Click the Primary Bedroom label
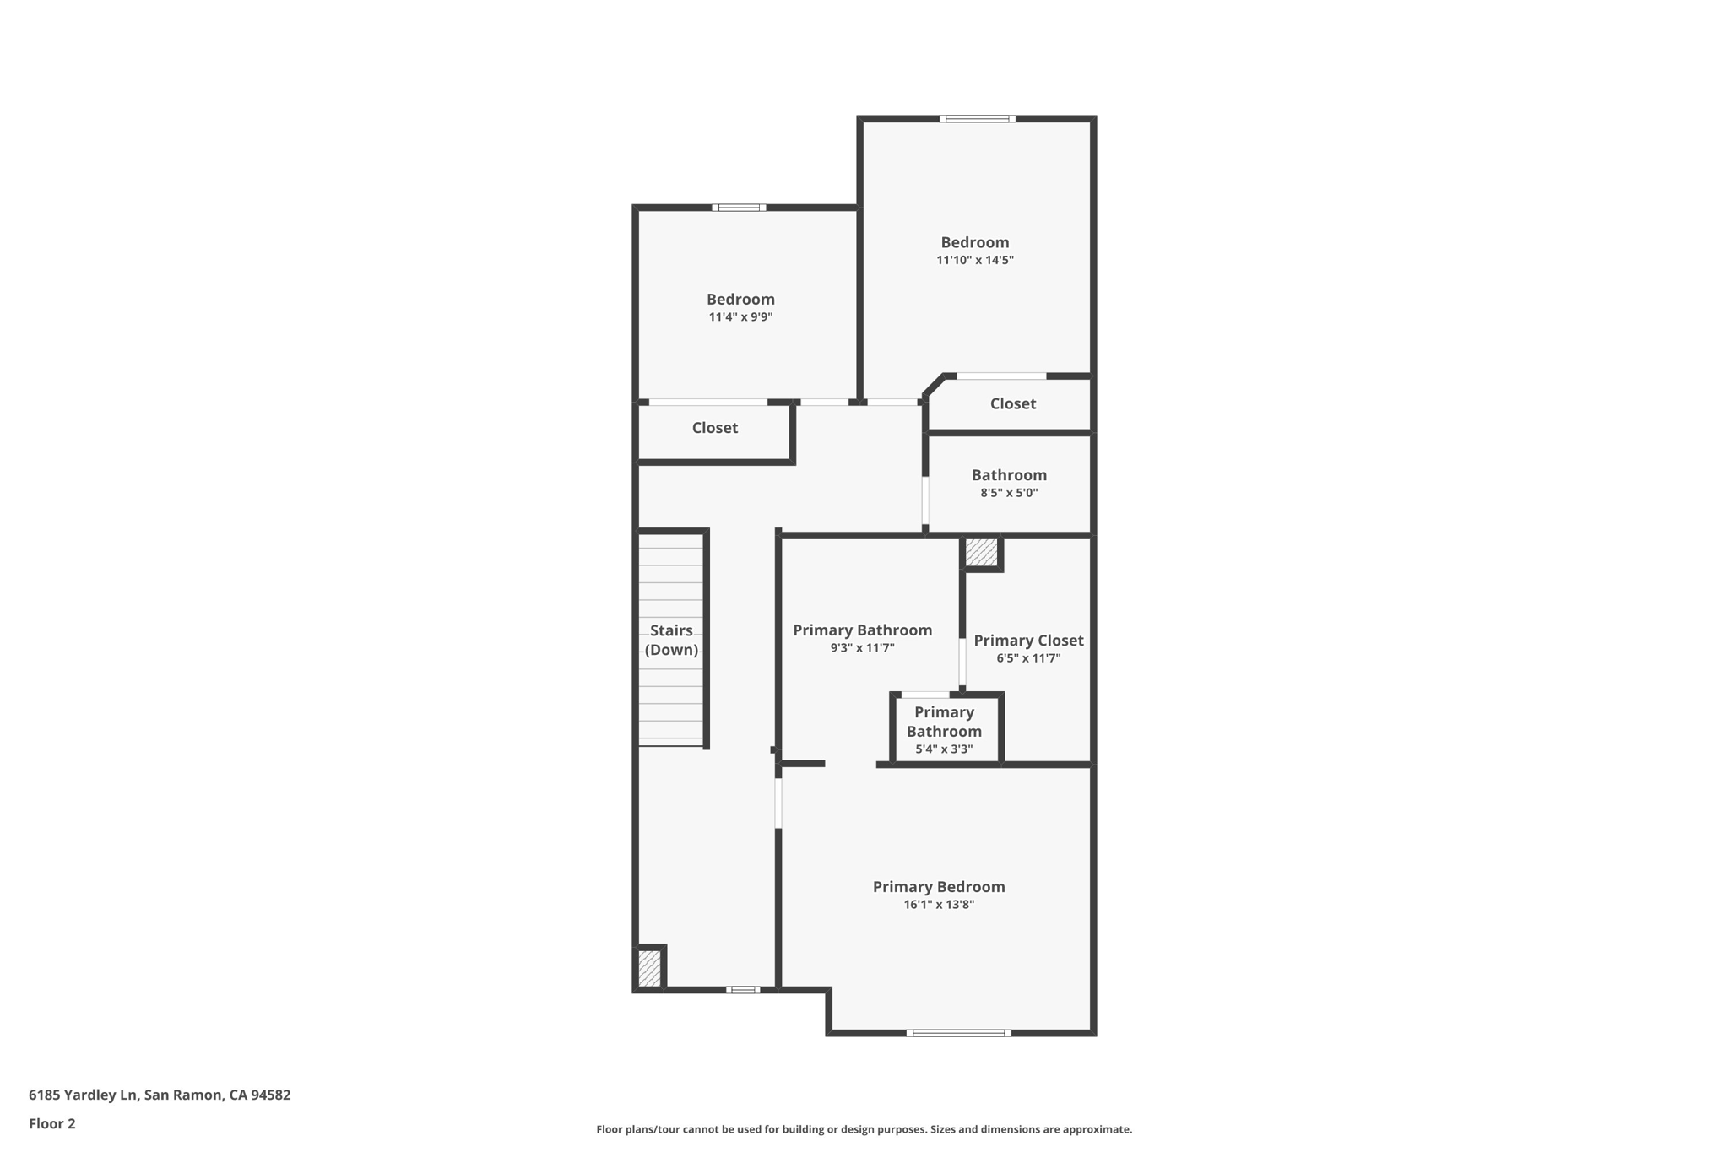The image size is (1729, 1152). coord(938,886)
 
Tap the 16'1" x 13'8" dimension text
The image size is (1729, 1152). coord(939,905)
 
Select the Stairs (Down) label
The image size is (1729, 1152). coord(671,640)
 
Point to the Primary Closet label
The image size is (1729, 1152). coord(1028,640)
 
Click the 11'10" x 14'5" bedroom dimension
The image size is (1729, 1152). coord(974,260)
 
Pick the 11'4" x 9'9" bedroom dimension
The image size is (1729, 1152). coord(740,317)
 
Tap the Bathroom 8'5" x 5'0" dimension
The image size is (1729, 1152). coord(1009,493)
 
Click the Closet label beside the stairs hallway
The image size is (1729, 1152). coord(714,428)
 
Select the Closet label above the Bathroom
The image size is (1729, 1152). coord(1012,403)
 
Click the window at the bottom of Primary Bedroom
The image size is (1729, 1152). coord(958,1032)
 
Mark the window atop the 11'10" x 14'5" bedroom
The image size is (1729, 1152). coord(977,119)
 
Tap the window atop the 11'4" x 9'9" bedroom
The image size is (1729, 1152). coord(739,208)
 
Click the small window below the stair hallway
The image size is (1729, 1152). coord(742,989)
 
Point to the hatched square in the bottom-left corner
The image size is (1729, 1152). coord(649,968)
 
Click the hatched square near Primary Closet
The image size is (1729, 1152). coord(981,552)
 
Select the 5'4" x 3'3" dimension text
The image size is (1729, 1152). coord(944,749)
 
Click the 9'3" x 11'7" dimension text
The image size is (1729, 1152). coord(862,648)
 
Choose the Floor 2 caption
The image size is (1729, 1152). coord(52,1123)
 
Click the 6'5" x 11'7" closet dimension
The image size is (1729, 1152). coord(1028,658)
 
